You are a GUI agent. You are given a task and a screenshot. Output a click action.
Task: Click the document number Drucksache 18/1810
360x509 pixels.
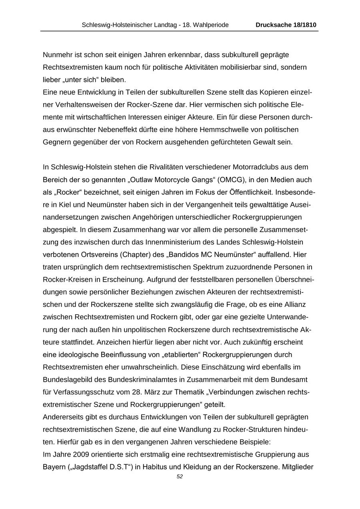(x=286, y=25)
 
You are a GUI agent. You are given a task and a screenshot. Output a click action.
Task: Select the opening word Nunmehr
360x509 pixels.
(x=56, y=54)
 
